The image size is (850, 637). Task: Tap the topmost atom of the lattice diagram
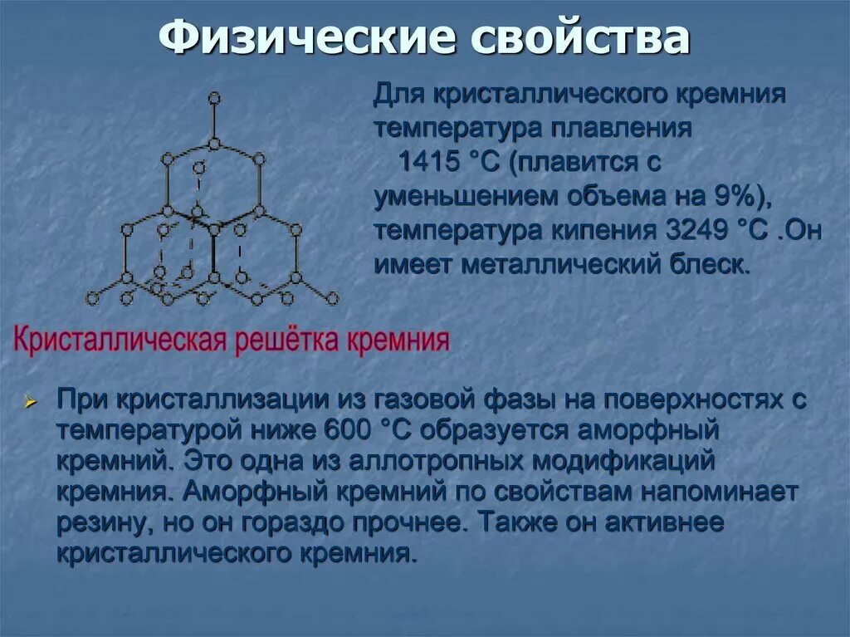(x=214, y=98)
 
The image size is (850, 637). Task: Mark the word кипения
(x=590, y=230)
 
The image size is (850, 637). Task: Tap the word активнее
(x=664, y=523)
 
